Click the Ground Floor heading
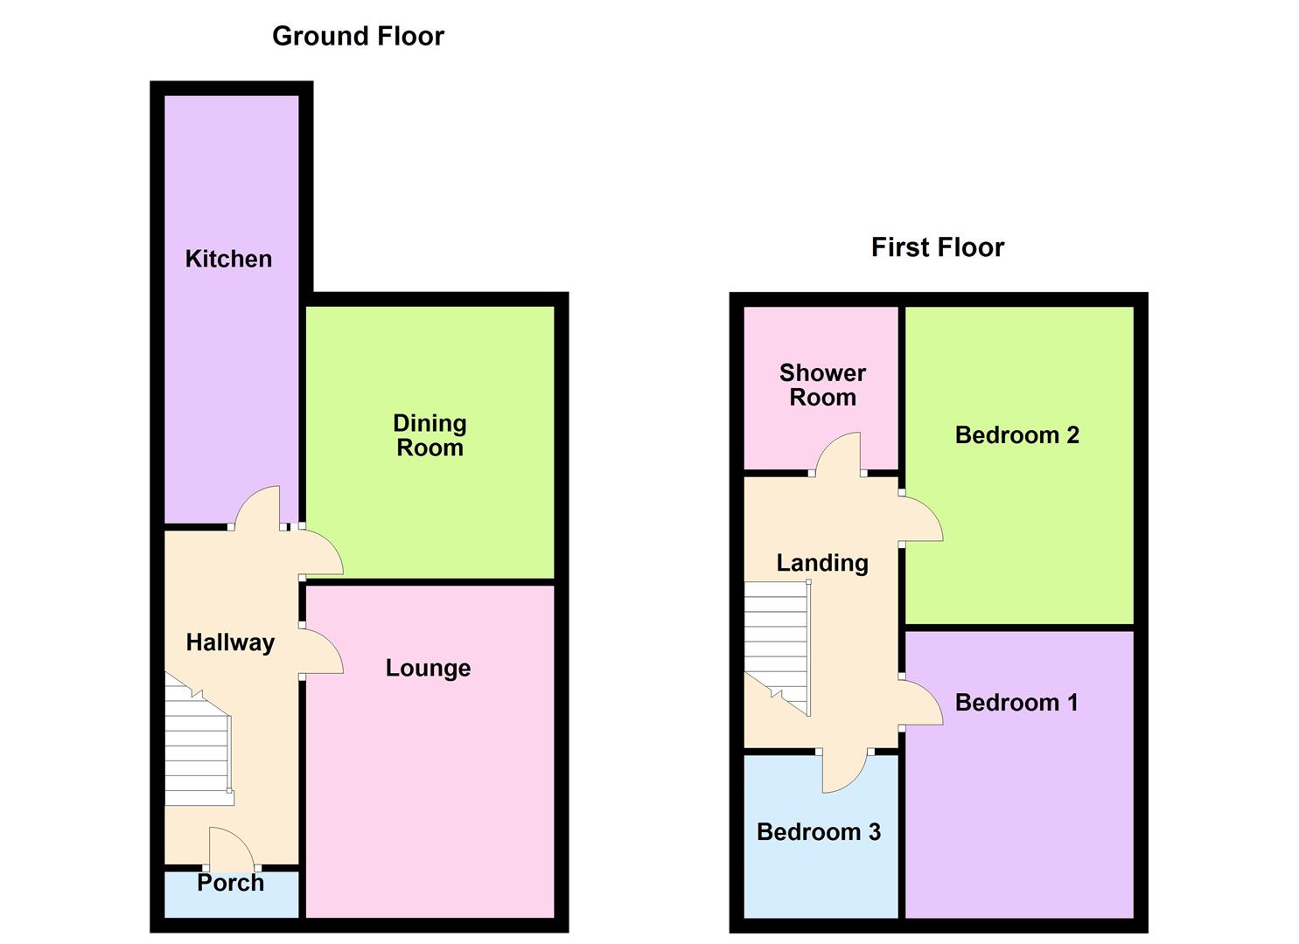point(358,37)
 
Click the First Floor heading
point(937,247)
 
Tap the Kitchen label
point(228,259)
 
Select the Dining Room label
point(430,435)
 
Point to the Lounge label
point(428,668)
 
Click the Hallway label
point(230,642)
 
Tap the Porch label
point(230,883)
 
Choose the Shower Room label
point(822,385)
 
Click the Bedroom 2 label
point(1016,434)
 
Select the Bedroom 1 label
point(1016,703)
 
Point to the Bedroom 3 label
point(818,831)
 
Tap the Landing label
point(822,563)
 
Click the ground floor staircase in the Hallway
point(199,739)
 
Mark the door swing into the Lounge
point(323,650)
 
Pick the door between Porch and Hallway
point(232,848)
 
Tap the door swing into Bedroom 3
point(845,773)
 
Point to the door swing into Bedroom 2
point(922,517)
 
